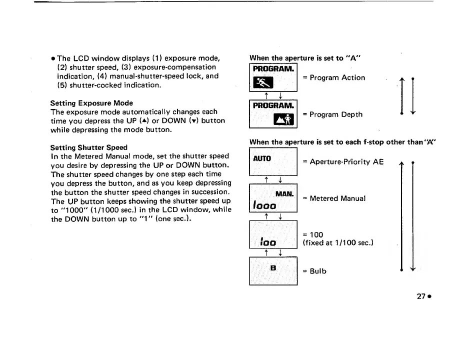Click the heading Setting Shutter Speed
[89, 147]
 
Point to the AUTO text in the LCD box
[262, 158]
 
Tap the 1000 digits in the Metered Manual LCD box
[265, 204]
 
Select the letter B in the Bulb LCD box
[273, 268]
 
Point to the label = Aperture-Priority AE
[343, 161]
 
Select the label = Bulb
[314, 271]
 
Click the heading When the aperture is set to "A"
[304, 57]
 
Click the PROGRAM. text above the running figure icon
[273, 68]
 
